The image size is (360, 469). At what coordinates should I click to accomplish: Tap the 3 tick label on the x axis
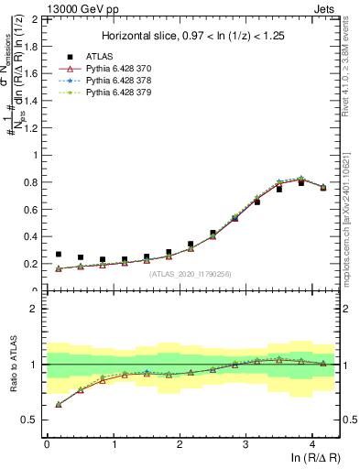[x=245, y=442]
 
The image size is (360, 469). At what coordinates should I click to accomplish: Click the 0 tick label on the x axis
[x=47, y=442]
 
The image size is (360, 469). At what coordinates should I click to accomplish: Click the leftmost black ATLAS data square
[x=59, y=255]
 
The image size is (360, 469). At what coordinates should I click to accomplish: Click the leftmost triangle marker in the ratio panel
[x=59, y=404]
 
